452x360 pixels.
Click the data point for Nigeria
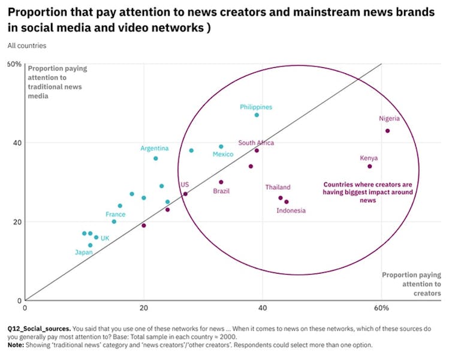pyautogui.click(x=387, y=131)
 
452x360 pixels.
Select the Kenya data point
pyautogui.click(x=369, y=166)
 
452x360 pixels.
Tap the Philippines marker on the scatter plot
pyautogui.click(x=257, y=115)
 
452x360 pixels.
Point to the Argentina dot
pyautogui.click(x=156, y=158)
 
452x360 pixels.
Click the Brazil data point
pyautogui.click(x=221, y=182)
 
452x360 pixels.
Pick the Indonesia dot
pyautogui.click(x=286, y=202)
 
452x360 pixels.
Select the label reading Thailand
pyautogui.click(x=278, y=187)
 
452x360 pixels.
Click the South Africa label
pyautogui.click(x=256, y=143)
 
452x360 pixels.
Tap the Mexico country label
pyautogui.click(x=223, y=155)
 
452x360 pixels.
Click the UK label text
pyautogui.click(x=105, y=238)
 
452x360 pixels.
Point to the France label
pyautogui.click(x=116, y=214)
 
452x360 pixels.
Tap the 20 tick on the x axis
pyautogui.click(x=144, y=308)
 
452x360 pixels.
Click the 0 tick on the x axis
pyautogui.click(x=25, y=308)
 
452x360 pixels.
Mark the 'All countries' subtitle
pyautogui.click(x=27, y=46)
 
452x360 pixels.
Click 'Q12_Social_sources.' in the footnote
pyautogui.click(x=39, y=329)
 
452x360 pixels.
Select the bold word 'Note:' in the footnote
pyautogui.click(x=17, y=345)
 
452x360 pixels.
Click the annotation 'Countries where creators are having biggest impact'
pyautogui.click(x=367, y=192)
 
